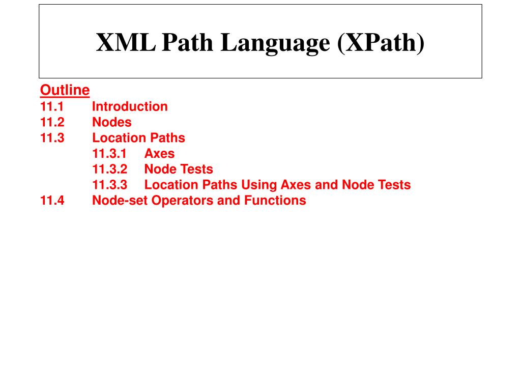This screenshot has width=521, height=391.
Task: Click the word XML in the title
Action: tap(126, 43)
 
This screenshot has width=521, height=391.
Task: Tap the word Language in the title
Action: tap(274, 43)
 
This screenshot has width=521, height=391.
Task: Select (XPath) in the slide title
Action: tap(380, 43)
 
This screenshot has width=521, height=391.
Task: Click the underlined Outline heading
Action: tap(65, 90)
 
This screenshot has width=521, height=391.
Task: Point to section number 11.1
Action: tap(51, 106)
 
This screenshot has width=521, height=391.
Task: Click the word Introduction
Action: tap(130, 106)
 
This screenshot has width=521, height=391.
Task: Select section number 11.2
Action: tap(52, 122)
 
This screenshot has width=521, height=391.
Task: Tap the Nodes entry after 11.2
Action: tap(112, 122)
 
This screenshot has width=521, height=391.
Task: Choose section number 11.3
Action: tap(52, 137)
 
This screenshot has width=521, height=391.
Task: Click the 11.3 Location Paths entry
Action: tap(138, 137)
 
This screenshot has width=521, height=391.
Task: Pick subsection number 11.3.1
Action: tap(109, 153)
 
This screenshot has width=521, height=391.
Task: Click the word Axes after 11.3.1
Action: tap(159, 153)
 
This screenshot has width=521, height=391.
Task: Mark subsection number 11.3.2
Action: tap(110, 169)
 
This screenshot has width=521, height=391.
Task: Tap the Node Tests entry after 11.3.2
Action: tap(179, 169)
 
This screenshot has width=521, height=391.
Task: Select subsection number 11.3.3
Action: tap(110, 185)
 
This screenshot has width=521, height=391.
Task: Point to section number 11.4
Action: tap(52, 200)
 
